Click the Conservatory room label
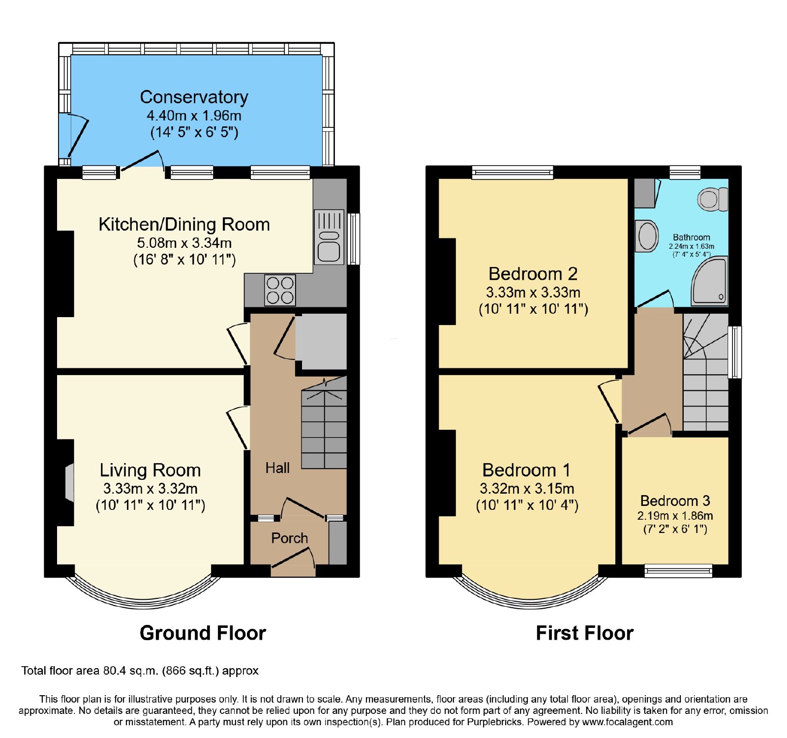(x=194, y=97)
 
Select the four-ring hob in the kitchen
(x=280, y=290)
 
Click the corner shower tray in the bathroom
(x=709, y=281)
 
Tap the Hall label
(x=277, y=468)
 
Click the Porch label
(x=289, y=538)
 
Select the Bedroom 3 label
(x=675, y=501)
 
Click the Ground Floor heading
(x=203, y=633)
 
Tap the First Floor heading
(x=584, y=633)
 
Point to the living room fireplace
(x=69, y=483)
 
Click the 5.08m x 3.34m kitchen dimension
(x=184, y=243)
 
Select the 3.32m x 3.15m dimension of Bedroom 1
(x=527, y=489)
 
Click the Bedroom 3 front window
(x=678, y=570)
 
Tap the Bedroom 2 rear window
(x=513, y=172)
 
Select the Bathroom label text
(x=692, y=237)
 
